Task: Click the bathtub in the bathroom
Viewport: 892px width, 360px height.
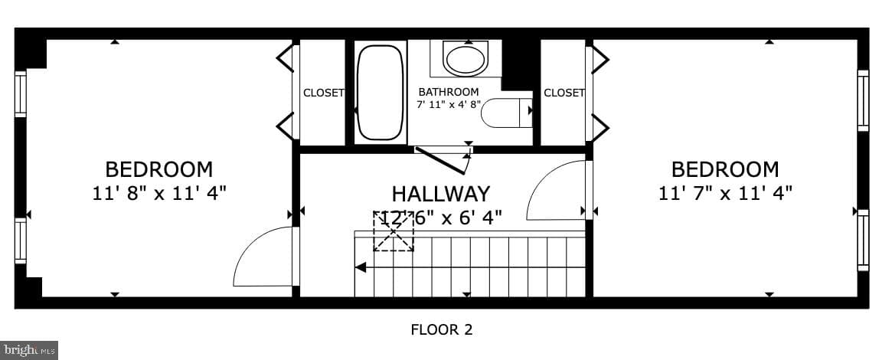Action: (x=381, y=92)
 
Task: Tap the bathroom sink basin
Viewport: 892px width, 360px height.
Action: (x=465, y=58)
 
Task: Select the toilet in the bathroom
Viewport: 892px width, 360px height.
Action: (x=506, y=113)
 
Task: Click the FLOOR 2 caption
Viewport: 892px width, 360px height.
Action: (x=442, y=329)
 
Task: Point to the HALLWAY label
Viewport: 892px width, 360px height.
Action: (x=440, y=194)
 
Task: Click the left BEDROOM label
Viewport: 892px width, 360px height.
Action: (x=159, y=169)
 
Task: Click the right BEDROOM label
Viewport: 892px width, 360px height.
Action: (x=725, y=169)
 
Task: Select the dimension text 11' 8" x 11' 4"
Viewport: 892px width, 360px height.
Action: (x=159, y=193)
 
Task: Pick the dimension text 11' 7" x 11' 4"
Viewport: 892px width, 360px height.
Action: (x=725, y=193)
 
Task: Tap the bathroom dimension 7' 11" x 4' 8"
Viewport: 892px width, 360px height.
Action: (x=449, y=104)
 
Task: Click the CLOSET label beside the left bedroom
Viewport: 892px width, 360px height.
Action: (x=323, y=93)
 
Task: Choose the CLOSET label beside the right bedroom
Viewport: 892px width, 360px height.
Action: (x=564, y=93)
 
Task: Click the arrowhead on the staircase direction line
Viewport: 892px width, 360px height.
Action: (x=360, y=267)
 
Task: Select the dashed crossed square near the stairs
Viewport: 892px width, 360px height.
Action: (x=393, y=231)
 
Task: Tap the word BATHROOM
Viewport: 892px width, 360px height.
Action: (x=448, y=92)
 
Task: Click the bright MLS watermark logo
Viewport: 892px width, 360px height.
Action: (x=29, y=350)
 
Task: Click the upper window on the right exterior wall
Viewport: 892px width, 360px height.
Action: (x=863, y=100)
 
